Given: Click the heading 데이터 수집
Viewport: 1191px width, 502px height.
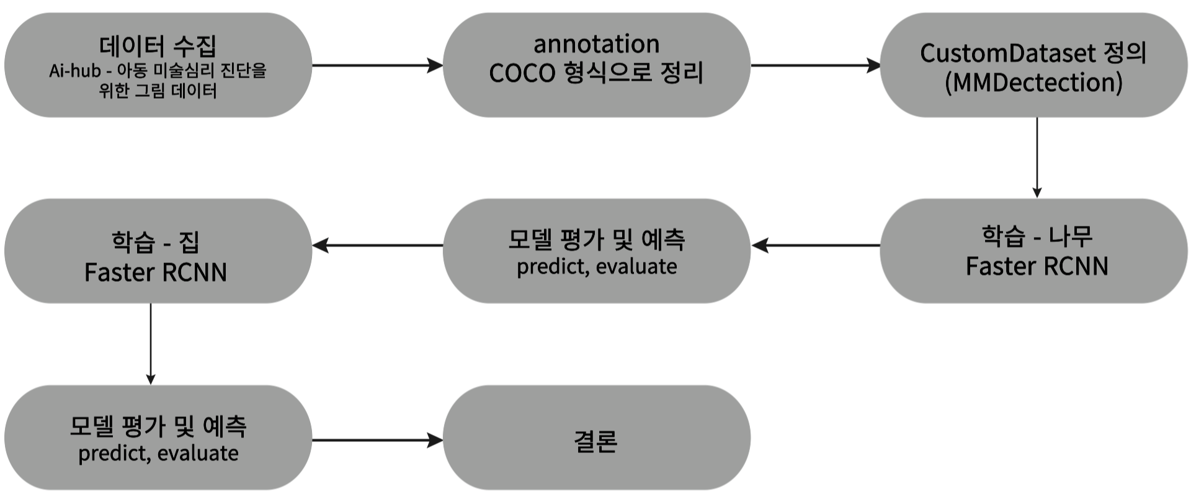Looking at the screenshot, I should point(158,45).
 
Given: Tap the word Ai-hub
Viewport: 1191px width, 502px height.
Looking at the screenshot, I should point(74,71).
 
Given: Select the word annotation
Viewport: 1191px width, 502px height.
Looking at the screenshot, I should point(596,44).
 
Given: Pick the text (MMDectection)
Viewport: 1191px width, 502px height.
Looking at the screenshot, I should point(1033,83).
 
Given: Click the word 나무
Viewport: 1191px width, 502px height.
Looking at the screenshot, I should point(1071,236).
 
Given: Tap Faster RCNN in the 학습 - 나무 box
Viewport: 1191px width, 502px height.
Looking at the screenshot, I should point(1037,266).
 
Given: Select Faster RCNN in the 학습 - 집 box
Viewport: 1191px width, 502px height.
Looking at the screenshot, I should point(156,272).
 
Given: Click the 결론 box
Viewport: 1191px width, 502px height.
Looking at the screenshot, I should point(596,441).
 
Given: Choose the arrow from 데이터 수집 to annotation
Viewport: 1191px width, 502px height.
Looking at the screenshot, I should point(377,65).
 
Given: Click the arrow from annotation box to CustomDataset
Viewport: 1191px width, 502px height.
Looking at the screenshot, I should point(815,65).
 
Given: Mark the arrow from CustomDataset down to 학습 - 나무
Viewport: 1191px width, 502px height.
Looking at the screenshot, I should point(1037,158).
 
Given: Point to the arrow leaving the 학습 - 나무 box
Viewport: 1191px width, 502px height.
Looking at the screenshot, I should point(815,246).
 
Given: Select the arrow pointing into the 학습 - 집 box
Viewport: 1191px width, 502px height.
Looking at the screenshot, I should point(377,246).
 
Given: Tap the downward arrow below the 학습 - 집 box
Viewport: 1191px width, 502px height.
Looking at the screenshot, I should point(151,344).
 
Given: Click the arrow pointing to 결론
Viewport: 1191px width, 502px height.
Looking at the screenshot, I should point(377,441).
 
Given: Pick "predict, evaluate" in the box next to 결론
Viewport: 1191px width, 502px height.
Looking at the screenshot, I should point(158,454).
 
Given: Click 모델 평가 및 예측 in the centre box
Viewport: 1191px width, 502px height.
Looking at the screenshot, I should point(596,240).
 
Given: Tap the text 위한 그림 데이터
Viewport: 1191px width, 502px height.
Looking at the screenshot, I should point(158,91).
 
